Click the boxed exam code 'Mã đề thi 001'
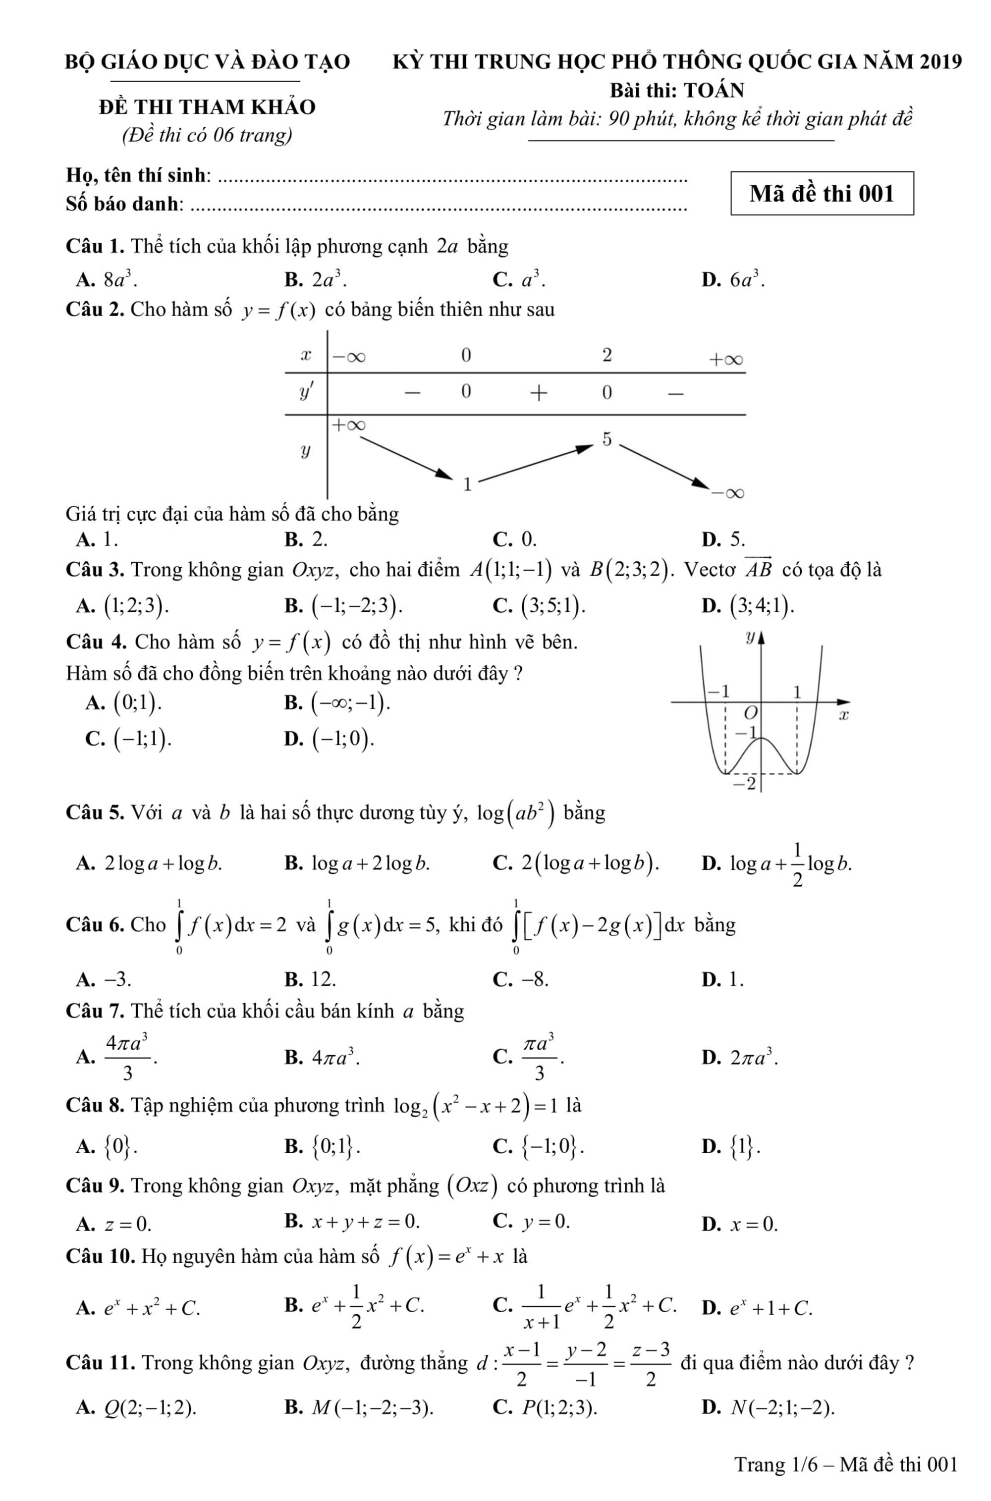click(x=822, y=193)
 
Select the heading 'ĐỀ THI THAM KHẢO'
click(x=207, y=107)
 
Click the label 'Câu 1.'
click(x=96, y=246)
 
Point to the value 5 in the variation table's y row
click(x=606, y=439)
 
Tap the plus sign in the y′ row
click(x=538, y=393)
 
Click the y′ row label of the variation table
click(x=306, y=392)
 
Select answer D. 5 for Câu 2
click(x=737, y=539)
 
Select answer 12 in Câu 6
click(x=323, y=980)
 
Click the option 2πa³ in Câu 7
click(x=754, y=1057)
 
